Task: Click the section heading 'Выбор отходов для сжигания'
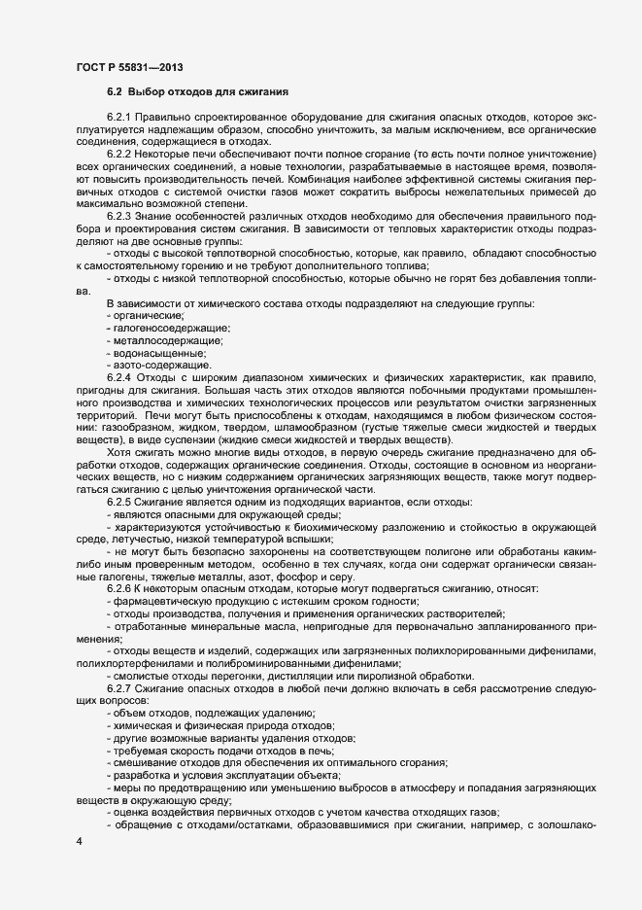pos(210,92)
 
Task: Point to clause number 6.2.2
pos(121,154)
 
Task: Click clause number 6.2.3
pos(121,217)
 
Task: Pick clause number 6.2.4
pos(121,375)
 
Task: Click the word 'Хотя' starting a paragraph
pos(119,452)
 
